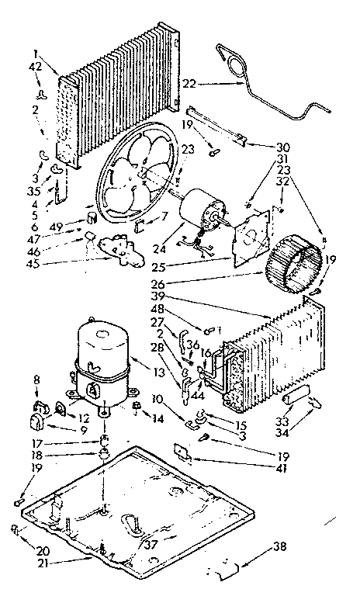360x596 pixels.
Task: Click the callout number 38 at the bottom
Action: point(280,548)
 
